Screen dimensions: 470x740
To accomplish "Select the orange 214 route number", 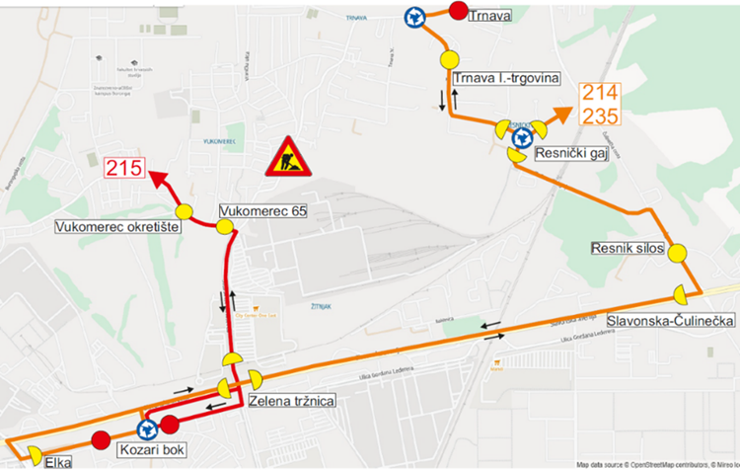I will pos(599,94).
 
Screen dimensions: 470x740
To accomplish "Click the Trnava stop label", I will pos(491,16).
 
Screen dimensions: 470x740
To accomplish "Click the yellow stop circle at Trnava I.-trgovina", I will pos(450,58).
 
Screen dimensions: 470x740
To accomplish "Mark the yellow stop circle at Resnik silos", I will pos(677,253).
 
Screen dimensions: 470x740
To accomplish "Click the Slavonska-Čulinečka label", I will pos(654,322).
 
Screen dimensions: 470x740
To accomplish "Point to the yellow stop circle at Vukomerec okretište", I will pos(184,211).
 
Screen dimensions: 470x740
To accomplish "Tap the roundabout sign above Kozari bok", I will pos(148,430).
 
